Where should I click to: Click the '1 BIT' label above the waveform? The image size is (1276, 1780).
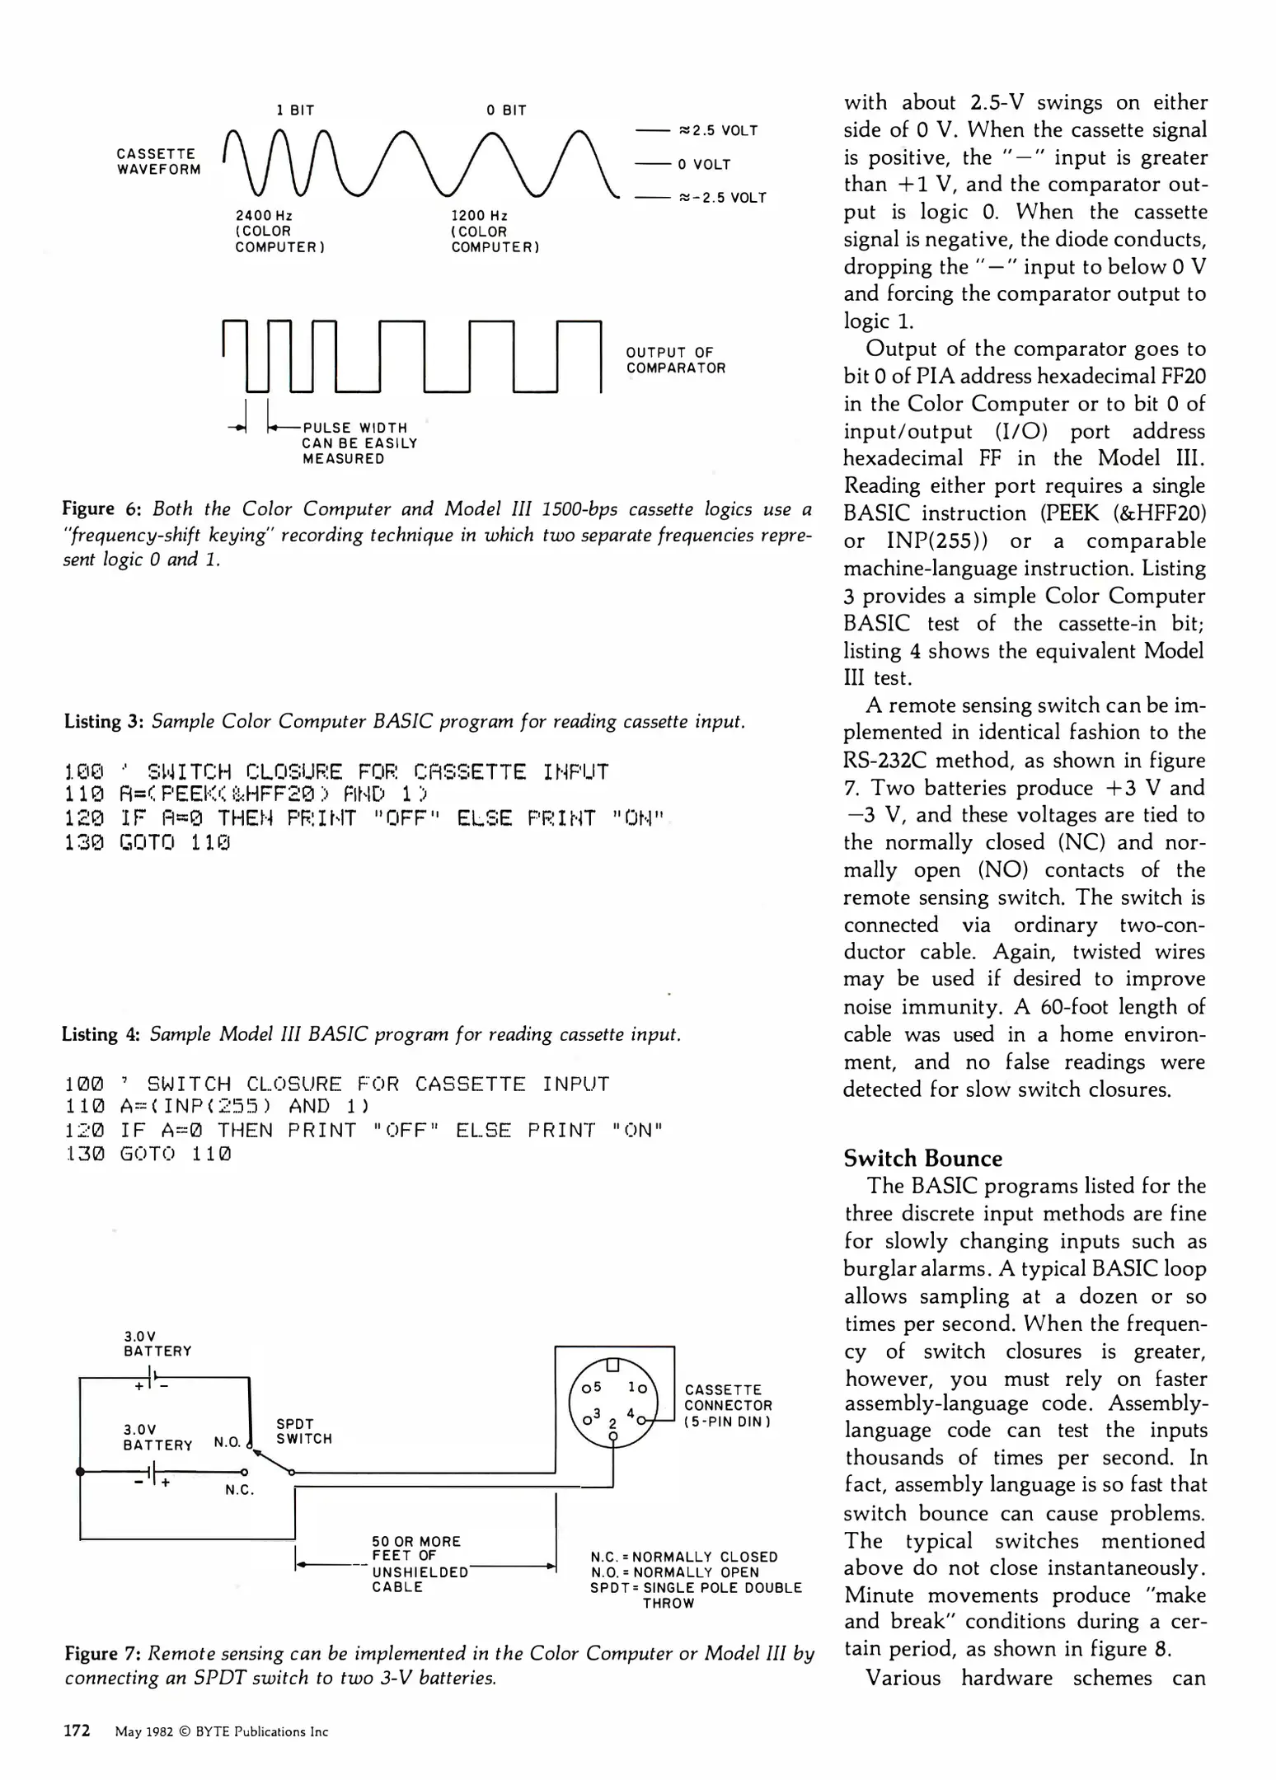click(295, 110)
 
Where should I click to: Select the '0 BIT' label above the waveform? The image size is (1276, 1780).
click(506, 110)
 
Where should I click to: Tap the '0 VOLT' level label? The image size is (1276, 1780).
click(704, 165)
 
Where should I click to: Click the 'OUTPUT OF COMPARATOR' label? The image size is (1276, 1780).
click(675, 360)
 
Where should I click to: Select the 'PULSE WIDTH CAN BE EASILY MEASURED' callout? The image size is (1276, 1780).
click(359, 443)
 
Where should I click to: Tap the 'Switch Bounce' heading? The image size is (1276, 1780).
click(922, 1158)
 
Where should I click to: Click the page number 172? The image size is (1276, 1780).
click(77, 1731)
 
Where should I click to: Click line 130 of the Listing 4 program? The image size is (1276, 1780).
click(148, 1154)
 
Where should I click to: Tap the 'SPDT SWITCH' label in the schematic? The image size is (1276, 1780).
click(304, 1431)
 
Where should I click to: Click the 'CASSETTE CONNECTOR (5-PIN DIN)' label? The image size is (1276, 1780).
click(729, 1405)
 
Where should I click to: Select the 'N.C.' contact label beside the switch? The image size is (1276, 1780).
click(240, 1490)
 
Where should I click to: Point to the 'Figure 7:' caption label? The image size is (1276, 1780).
click(103, 1654)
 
